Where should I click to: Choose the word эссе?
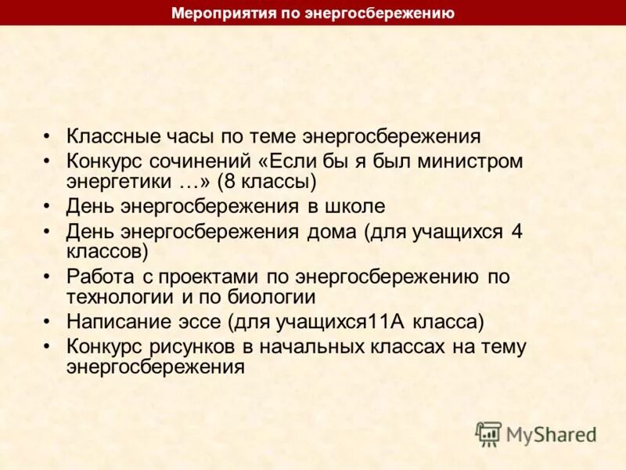[203, 322]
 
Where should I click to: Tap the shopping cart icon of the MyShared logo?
[489, 433]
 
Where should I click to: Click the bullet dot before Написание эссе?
[49, 322]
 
